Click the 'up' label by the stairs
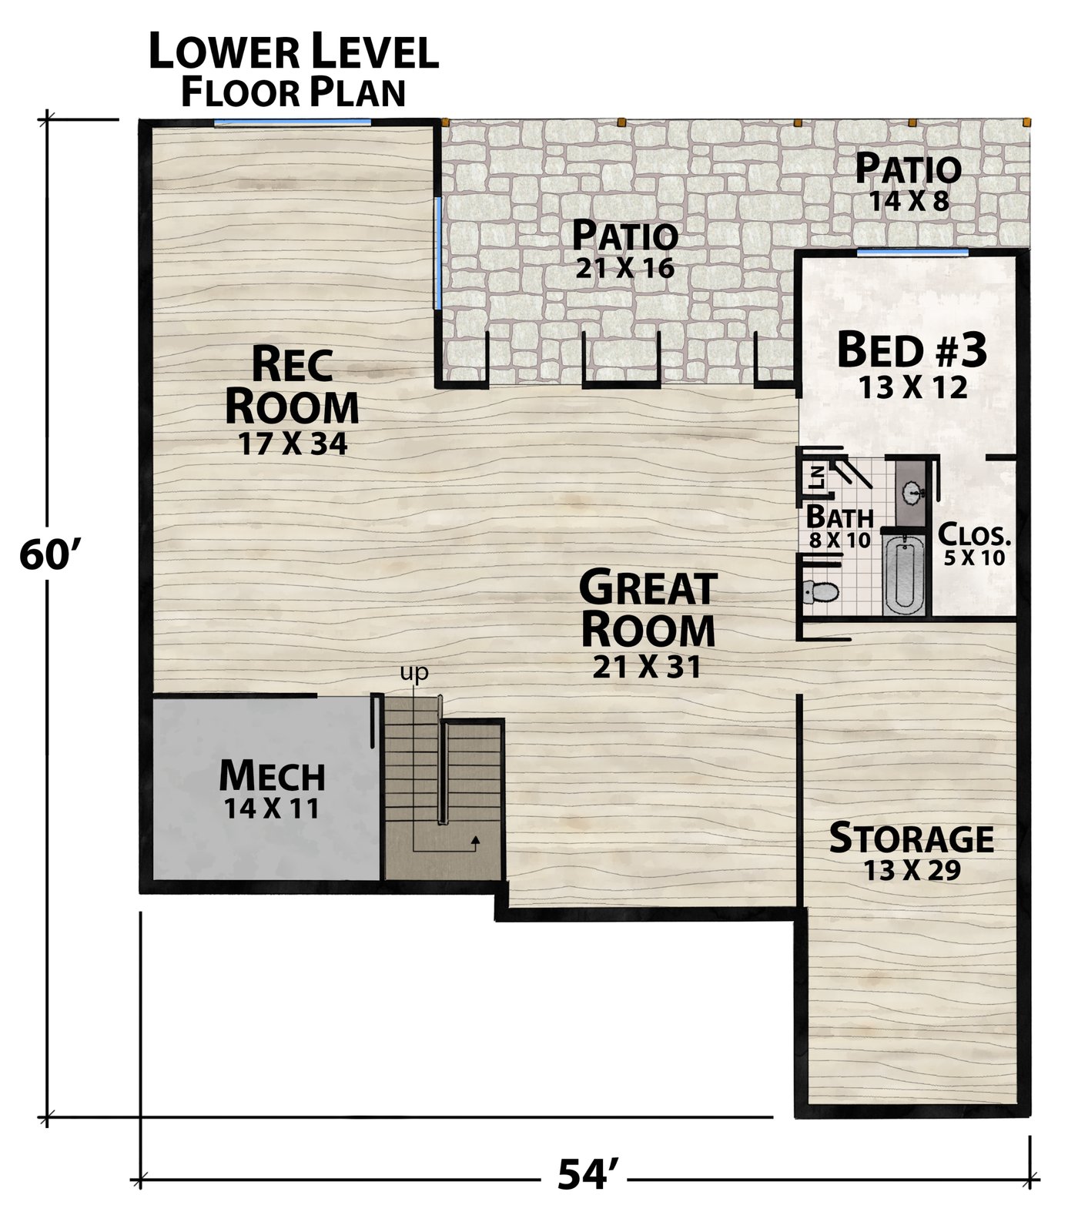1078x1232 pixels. tap(413, 673)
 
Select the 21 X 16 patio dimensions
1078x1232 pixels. tap(624, 268)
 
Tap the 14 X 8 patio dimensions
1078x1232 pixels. tap(909, 201)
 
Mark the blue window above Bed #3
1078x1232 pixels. tap(912, 252)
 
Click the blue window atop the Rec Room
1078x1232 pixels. tap(292, 122)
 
